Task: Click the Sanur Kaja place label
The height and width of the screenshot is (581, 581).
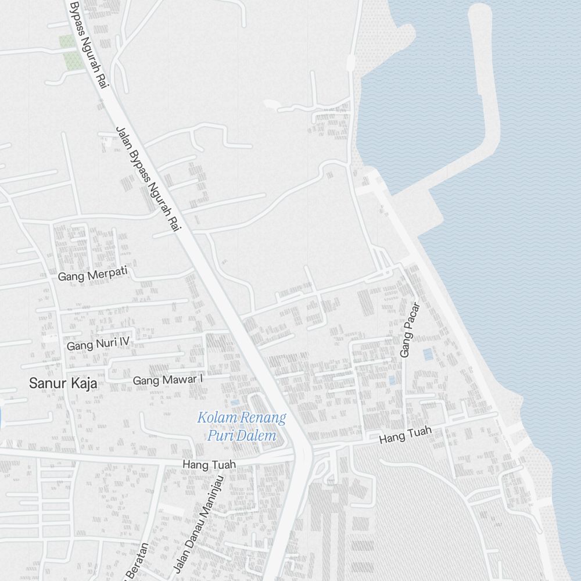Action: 63,383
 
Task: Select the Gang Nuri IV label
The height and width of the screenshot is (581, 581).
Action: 98,344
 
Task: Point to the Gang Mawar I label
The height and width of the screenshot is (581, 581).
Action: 168,380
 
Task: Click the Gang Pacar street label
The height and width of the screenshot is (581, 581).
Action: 409,329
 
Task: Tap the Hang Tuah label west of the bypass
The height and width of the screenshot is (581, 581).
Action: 209,465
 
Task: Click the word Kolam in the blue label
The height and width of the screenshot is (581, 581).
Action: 215,417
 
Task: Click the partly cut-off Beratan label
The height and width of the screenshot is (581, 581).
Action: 137,562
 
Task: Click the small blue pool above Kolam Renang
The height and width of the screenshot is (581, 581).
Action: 234,402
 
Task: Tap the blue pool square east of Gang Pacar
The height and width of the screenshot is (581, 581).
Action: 428,354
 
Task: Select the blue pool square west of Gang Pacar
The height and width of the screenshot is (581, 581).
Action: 392,381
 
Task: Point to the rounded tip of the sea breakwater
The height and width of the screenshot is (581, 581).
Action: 479,12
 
